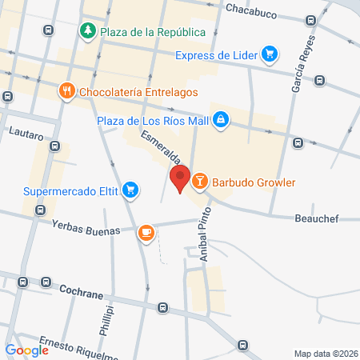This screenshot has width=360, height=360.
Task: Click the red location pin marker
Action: point(179,178)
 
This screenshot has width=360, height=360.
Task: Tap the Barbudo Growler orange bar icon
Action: point(199,182)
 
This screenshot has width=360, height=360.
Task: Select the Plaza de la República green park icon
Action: point(87,31)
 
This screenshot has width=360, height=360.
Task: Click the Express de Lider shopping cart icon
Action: point(270,54)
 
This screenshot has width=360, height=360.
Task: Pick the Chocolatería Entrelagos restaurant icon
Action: point(67,92)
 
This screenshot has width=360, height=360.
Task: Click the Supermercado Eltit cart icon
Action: point(130,191)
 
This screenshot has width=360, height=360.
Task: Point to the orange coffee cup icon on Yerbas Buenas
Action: point(145,232)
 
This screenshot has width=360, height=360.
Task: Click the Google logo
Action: point(26,350)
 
